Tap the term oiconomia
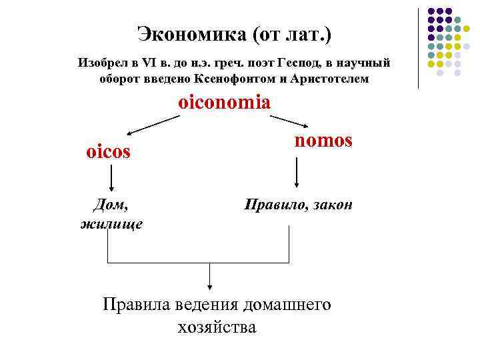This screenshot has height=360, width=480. pos(224,103)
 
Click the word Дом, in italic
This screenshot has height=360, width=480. pos(110,205)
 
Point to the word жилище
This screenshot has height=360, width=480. pos(111,223)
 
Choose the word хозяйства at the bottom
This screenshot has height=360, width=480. pos(217,327)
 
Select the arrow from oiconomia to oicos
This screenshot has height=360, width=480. pos(153,125)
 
